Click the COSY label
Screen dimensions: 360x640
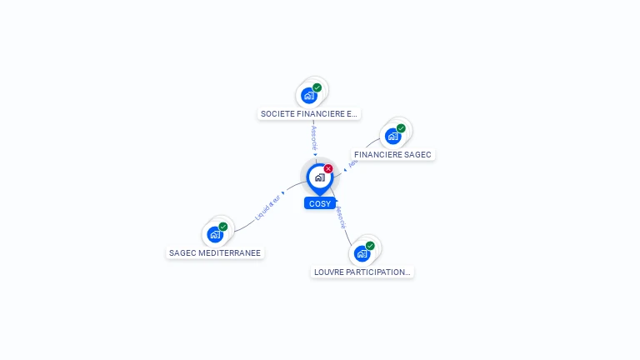pos(319,203)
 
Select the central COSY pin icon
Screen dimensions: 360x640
pos(319,177)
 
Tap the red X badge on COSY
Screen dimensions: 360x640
pos(328,168)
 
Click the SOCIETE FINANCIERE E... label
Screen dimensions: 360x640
pos(308,113)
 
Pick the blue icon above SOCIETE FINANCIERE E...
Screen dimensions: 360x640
pos(309,95)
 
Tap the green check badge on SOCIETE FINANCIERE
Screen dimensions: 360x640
pos(317,87)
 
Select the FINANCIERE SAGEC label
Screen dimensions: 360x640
pos(392,155)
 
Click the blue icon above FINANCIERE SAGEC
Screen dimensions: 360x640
pos(392,136)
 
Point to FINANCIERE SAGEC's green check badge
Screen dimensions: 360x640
pos(401,128)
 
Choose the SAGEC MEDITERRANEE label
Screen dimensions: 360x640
pos(215,252)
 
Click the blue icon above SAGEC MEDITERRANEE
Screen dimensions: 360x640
pos(215,234)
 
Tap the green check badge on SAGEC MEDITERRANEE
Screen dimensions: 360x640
pos(223,227)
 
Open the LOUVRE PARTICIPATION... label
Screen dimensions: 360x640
pos(362,272)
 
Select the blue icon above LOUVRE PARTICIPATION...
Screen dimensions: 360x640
pos(362,253)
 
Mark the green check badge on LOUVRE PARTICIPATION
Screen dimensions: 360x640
pos(370,246)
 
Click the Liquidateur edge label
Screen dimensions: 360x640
pos(268,206)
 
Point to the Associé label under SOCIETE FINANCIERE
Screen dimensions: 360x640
pos(314,137)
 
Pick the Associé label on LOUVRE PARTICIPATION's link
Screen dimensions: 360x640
pos(340,217)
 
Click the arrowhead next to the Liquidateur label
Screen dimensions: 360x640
pos(284,192)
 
